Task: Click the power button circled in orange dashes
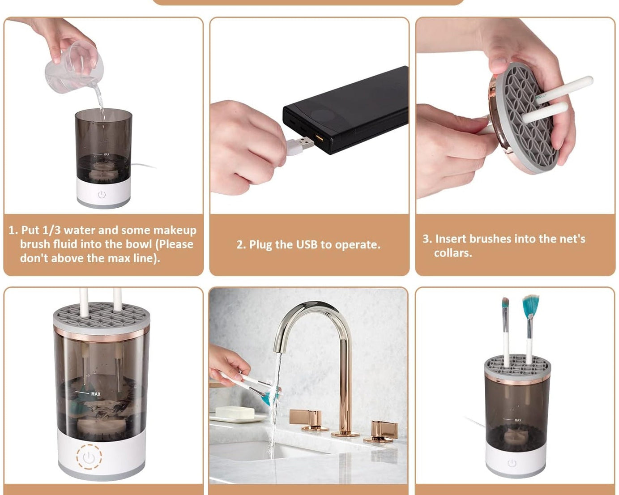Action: point(89,457)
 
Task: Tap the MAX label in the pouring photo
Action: point(106,154)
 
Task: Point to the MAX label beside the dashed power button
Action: point(96,394)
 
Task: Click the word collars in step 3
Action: point(453,253)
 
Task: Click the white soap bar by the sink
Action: point(235,412)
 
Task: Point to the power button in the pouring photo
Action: point(102,194)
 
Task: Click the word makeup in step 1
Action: point(175,230)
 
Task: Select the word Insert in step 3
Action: point(451,239)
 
